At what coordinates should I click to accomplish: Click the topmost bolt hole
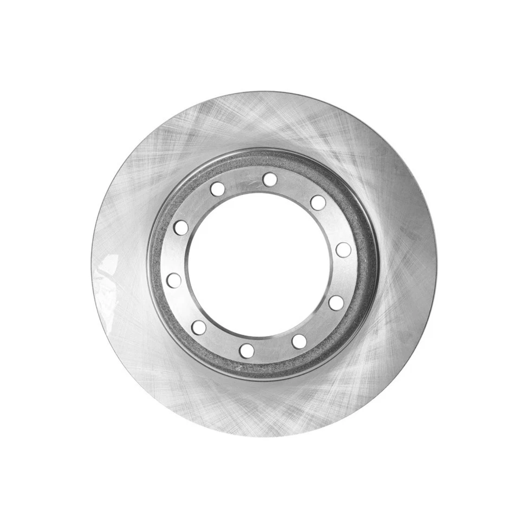coord(269,179)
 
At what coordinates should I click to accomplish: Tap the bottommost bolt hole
coord(247,350)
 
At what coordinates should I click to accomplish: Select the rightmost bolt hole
coord(343,250)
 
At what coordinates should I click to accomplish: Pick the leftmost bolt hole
coord(174,280)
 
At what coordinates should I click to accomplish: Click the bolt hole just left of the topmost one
coord(218,189)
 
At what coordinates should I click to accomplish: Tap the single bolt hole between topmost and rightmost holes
coord(318,203)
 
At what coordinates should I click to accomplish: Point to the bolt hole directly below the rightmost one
coord(336,303)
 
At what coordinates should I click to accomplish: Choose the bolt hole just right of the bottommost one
coord(299,342)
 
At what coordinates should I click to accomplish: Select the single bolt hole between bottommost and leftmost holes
coord(199,327)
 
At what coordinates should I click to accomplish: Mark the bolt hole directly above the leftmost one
coord(181,227)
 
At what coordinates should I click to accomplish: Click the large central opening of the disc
coord(259,265)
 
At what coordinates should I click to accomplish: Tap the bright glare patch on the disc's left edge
coord(108,271)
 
